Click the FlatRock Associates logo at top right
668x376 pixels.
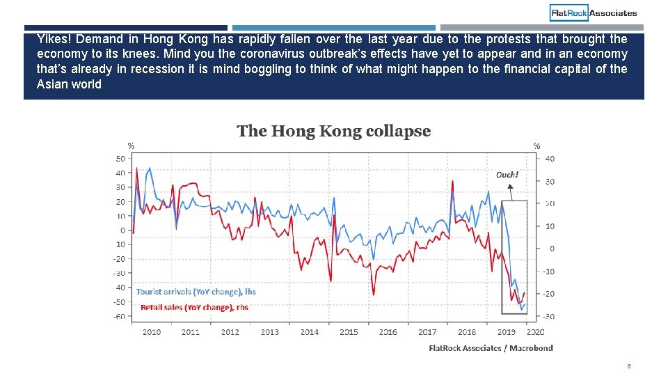tap(594, 13)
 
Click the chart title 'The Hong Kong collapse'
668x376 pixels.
tap(333, 131)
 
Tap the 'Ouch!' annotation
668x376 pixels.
tap(507, 175)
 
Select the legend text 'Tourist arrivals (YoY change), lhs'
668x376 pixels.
tap(196, 292)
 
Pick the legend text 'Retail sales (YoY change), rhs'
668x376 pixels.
tap(194, 307)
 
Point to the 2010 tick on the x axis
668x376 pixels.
tap(152, 332)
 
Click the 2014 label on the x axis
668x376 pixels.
tap(310, 332)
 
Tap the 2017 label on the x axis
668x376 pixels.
tap(427, 332)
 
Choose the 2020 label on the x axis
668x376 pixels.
tap(536, 332)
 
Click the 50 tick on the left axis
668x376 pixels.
tap(121, 159)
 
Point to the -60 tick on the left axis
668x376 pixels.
tap(120, 316)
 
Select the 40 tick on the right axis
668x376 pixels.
tap(550, 159)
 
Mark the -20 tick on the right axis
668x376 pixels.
tap(548, 294)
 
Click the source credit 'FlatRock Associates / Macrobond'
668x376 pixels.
tap(491, 348)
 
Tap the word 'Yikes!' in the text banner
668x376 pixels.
tap(53, 39)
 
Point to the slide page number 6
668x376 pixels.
tap(628, 366)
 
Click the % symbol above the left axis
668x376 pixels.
tap(130, 146)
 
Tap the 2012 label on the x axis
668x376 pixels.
tap(230, 332)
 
